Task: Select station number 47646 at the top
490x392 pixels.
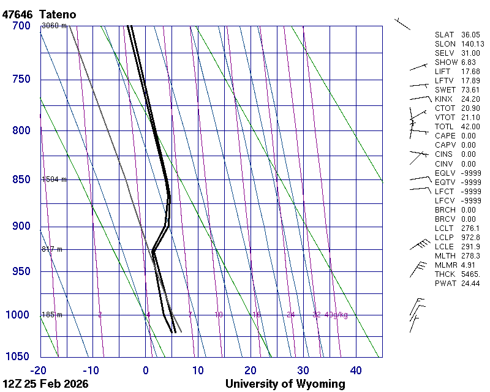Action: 18,14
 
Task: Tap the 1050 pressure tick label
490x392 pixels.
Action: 18,357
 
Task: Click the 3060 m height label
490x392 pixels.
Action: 54,25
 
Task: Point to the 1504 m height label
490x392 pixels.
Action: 54,179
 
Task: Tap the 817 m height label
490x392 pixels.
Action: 52,249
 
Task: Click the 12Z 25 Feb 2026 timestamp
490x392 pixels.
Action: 45,384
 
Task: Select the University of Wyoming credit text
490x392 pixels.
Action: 285,384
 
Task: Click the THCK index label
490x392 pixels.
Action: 445,274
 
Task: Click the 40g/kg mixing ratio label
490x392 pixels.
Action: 337,315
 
